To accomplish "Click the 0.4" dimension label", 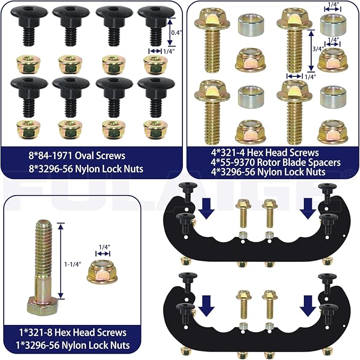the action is click(176, 32).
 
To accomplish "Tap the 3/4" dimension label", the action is click(319, 49).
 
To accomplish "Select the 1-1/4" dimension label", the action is click(73, 264).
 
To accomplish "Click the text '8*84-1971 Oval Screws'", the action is click(77, 156).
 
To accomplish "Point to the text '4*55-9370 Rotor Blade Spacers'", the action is click(276, 162).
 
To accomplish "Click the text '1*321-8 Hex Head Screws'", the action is click(73, 332).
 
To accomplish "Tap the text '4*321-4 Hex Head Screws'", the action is click(265, 153).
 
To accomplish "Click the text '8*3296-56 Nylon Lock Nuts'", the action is click(86, 169).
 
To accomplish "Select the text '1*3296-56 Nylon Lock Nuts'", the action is click(73, 345).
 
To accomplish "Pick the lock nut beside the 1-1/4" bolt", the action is click(102, 272).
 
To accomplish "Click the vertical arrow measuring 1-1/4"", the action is click(60, 261).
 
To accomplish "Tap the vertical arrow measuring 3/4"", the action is click(311, 50).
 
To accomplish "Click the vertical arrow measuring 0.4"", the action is click(170, 32).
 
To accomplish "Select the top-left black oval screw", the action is click(29, 25).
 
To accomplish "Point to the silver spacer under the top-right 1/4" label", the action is click(333, 24).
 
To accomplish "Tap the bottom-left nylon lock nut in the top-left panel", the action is click(29, 130).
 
